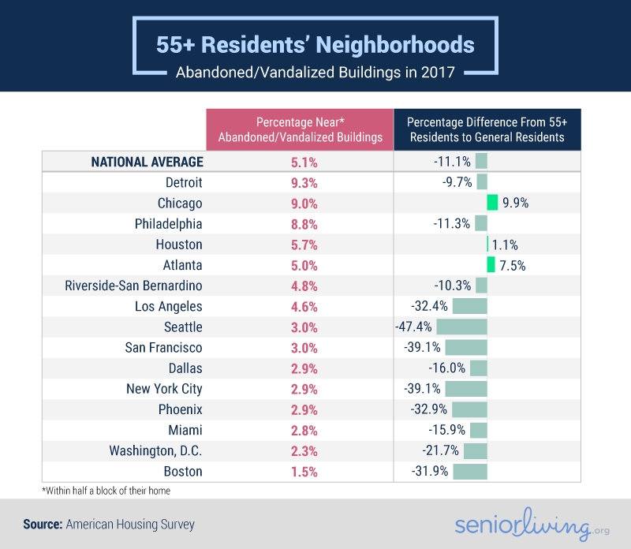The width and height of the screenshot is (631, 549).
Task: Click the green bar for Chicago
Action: (492, 203)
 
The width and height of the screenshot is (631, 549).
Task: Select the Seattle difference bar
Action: (461, 327)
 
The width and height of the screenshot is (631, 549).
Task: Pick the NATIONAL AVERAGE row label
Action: (147, 162)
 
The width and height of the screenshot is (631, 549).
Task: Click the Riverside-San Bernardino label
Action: (134, 286)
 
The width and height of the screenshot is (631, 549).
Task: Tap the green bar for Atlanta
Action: (491, 265)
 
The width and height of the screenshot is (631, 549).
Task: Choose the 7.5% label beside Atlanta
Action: (512, 265)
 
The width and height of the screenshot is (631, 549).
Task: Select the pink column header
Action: (299, 129)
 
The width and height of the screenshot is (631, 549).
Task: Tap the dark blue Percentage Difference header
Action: (487, 129)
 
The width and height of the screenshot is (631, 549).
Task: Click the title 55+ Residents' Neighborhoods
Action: (315, 43)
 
